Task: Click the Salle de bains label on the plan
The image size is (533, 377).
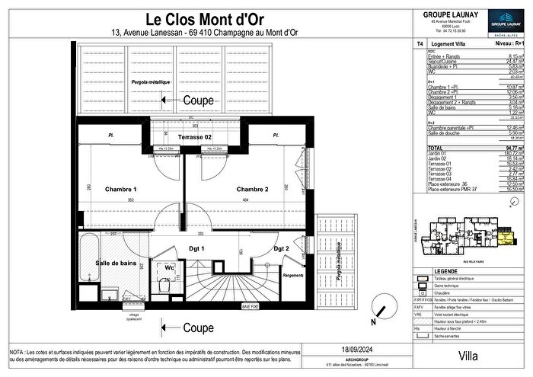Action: click(116, 262)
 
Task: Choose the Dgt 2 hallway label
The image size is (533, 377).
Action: click(282, 249)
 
